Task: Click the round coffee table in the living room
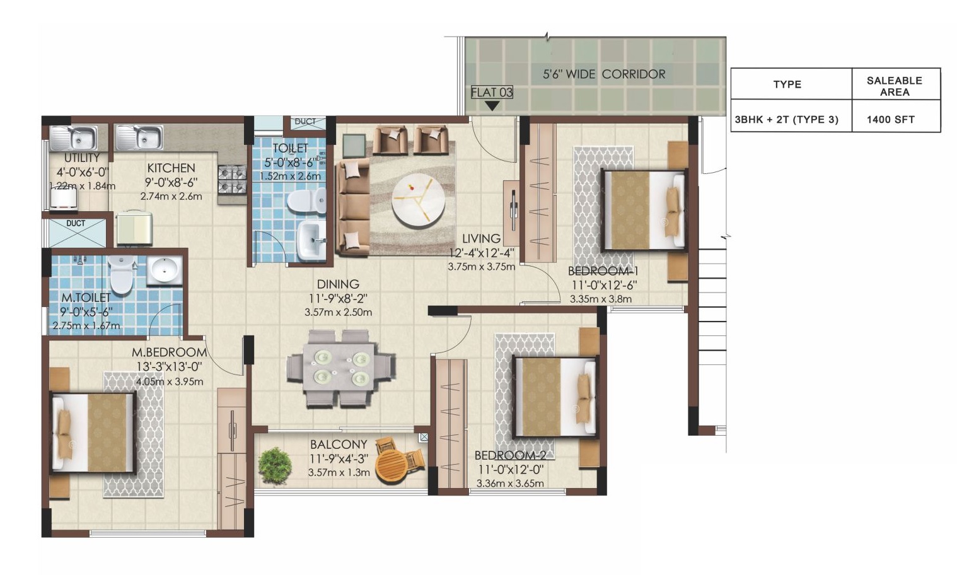[x=419, y=200]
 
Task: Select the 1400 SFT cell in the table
[x=890, y=120]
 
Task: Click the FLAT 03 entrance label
[x=492, y=92]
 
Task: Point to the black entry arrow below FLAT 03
[x=492, y=105]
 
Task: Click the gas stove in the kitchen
[x=233, y=180]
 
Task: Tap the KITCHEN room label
[x=171, y=168]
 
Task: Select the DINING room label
[x=338, y=284]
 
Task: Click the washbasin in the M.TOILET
[x=165, y=271]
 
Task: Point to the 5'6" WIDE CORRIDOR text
[x=604, y=74]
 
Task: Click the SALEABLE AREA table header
[x=894, y=86]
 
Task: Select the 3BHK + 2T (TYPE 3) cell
[x=787, y=120]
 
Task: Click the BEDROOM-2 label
[x=510, y=455]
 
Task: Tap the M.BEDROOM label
[x=169, y=352]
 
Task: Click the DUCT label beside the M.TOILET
[x=76, y=223]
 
